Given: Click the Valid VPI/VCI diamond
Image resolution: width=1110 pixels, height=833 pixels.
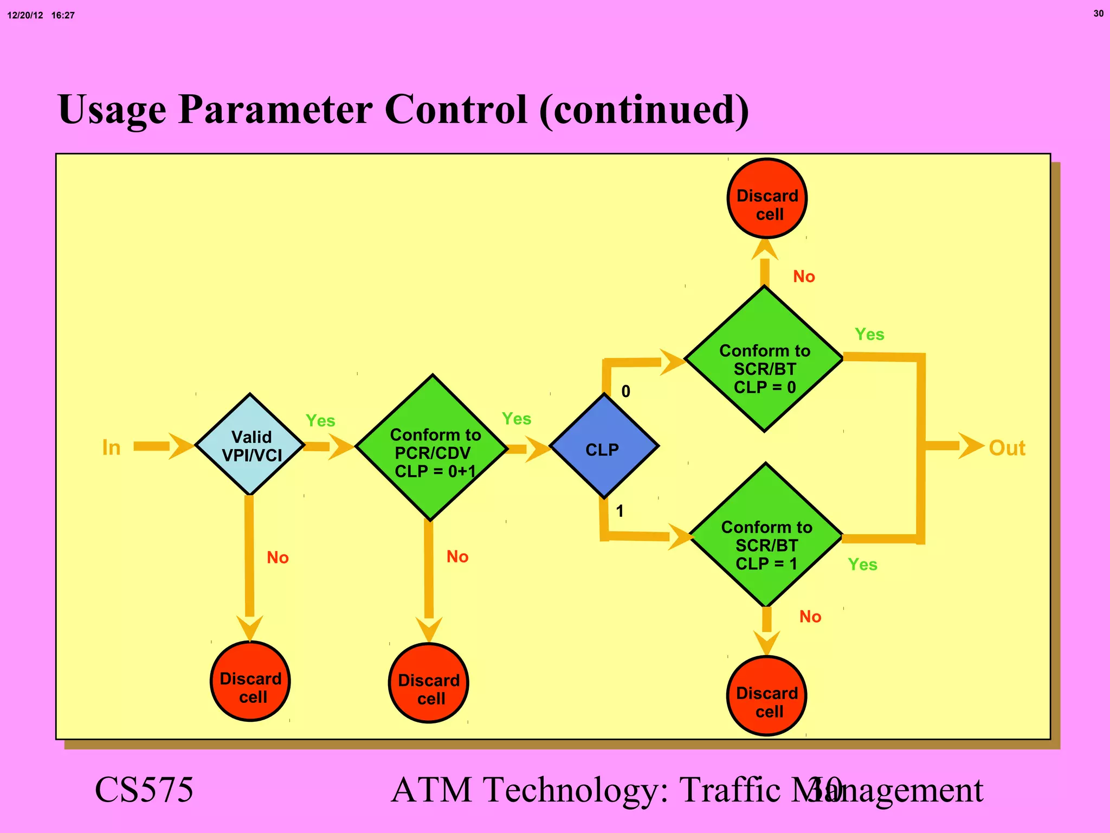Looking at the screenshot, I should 250,445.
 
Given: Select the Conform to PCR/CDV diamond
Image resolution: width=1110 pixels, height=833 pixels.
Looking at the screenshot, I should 432,448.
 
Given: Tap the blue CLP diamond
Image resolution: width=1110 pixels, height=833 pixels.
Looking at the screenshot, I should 604,446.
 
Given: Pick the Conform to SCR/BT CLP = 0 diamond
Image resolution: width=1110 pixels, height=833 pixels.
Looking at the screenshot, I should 764,359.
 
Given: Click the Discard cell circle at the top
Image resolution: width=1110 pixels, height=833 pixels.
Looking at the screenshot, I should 767,198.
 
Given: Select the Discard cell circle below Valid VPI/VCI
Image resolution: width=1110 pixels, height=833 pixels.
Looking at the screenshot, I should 250,681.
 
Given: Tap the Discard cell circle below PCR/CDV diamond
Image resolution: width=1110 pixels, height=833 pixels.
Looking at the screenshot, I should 429,683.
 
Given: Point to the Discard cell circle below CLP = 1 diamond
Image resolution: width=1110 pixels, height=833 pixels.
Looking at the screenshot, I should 767,696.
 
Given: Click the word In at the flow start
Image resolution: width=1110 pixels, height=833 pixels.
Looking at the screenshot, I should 111,448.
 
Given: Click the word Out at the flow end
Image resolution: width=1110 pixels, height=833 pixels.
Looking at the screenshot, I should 1007,448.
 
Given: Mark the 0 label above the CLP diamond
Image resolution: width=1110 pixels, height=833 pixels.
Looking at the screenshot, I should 625,391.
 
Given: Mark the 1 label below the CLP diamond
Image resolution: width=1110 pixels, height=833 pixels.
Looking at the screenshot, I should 619,511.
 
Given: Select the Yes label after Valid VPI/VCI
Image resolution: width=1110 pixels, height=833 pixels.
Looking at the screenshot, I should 320,421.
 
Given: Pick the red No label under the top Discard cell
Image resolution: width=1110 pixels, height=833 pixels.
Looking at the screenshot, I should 804,277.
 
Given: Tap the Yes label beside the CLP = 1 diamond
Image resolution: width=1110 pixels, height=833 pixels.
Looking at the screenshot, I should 862,565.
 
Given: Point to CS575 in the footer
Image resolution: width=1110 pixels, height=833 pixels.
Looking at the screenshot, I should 144,790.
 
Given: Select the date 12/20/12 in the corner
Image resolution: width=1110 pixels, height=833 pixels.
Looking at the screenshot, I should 25,15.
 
